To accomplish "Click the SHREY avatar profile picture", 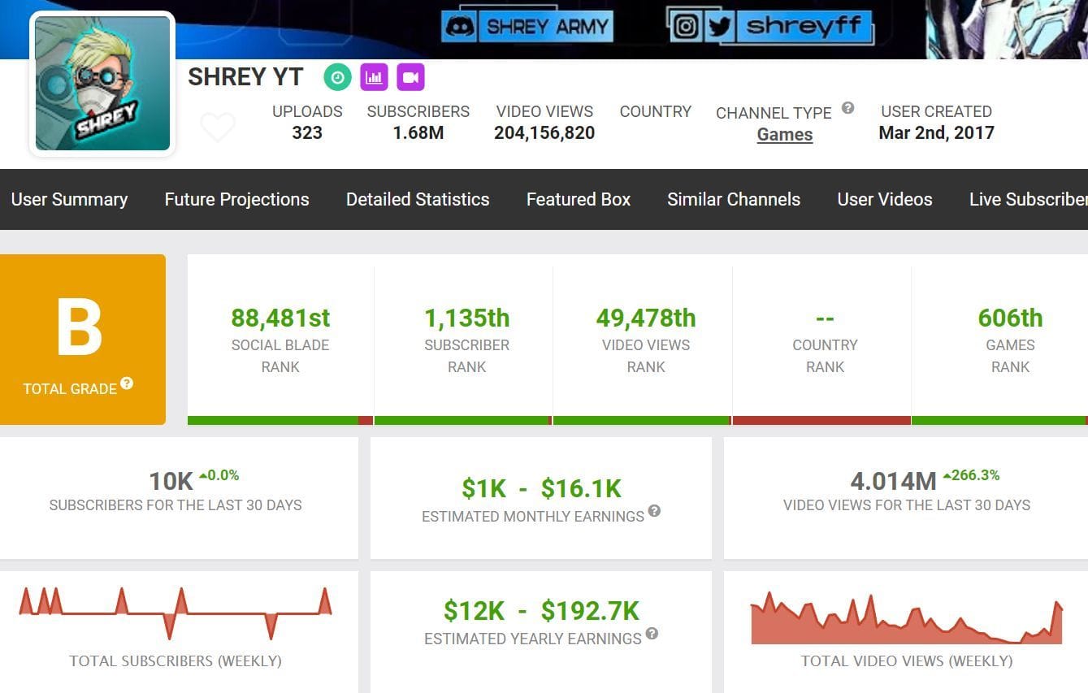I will [102, 84].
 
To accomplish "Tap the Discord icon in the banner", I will [460, 26].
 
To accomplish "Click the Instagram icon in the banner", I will [686, 26].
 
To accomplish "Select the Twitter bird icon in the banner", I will [719, 26].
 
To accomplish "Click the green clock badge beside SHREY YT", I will [337, 77].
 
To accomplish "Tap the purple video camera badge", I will [410, 77].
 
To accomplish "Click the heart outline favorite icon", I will [217, 128].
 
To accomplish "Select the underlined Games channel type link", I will [784, 135].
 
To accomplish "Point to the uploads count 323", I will [307, 132].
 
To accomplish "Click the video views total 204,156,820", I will [544, 132].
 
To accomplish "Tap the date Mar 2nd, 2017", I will [936, 132].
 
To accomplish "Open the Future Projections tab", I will [236, 199].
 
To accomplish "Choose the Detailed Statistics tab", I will [418, 199].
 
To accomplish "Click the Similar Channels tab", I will [734, 199].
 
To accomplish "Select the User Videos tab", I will [885, 199].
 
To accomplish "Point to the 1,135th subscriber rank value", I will [466, 318].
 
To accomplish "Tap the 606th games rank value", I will [1010, 318].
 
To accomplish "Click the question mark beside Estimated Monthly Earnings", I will [654, 511].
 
